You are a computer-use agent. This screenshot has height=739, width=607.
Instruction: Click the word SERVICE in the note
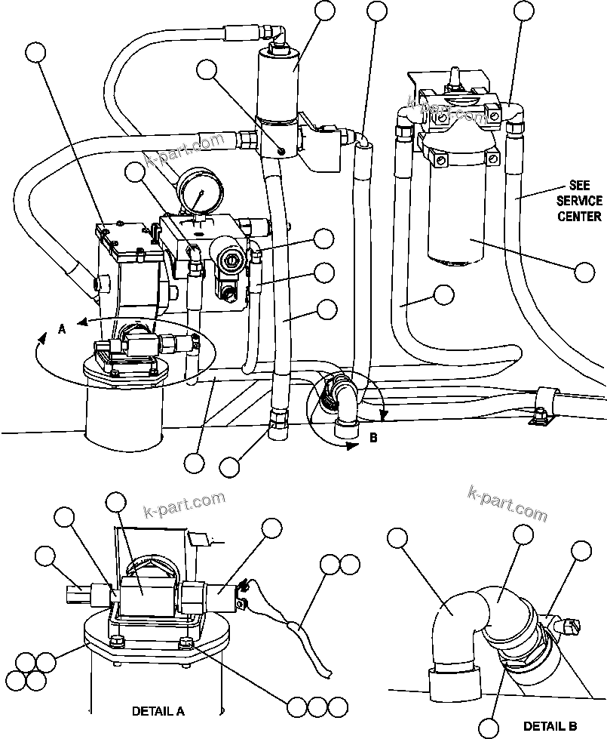[579, 201]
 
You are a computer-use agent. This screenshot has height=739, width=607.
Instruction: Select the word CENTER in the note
[579, 217]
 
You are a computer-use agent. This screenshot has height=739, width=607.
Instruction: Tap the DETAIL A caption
[158, 710]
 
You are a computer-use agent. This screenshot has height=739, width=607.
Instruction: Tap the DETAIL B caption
[550, 726]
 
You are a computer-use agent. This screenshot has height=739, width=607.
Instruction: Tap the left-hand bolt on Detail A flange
[118, 643]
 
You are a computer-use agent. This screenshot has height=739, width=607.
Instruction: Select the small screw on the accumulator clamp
[281, 151]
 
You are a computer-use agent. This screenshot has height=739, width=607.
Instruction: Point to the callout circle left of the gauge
[136, 173]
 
